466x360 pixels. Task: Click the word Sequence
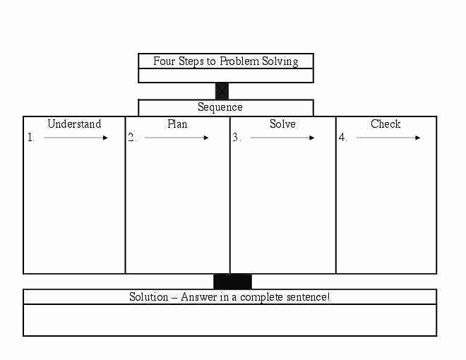(220, 107)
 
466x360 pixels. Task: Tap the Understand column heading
(74, 124)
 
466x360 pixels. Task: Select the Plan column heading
(177, 124)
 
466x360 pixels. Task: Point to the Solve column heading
(282, 124)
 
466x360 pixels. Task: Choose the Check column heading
(386, 124)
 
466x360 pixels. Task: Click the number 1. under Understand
(31, 137)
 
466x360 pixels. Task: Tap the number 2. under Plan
(132, 137)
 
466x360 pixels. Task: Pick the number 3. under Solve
(237, 137)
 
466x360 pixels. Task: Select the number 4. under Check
(342, 137)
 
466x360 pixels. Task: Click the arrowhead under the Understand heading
(105, 138)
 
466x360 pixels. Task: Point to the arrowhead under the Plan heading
(206, 138)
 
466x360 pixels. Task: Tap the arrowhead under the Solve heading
(312, 138)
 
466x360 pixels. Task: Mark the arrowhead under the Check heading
(418, 138)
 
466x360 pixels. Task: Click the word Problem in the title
(239, 61)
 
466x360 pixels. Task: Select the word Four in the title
(164, 61)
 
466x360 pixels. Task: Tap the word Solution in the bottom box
(148, 296)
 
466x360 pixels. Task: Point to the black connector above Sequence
(222, 91)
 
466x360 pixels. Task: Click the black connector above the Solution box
(232, 282)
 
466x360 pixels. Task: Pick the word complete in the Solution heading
(261, 297)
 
